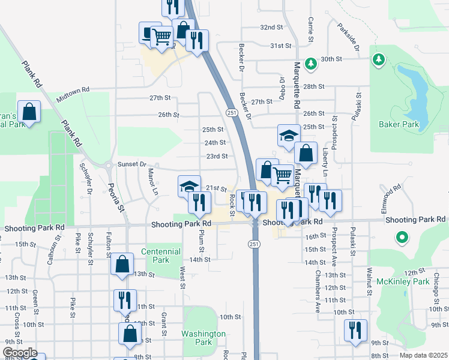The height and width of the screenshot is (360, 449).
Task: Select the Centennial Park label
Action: (x=160, y=256)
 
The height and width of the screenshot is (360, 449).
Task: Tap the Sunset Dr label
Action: (x=132, y=164)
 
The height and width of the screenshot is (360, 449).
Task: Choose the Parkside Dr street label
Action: (x=348, y=38)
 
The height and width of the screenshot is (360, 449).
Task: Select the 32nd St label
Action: (x=271, y=28)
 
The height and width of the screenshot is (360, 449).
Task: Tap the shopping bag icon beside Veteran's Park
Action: (x=29, y=111)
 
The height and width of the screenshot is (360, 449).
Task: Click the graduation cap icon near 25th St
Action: (x=289, y=134)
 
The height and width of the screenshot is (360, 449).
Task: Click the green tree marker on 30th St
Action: (x=310, y=63)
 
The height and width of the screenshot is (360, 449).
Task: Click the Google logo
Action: (x=19, y=353)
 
